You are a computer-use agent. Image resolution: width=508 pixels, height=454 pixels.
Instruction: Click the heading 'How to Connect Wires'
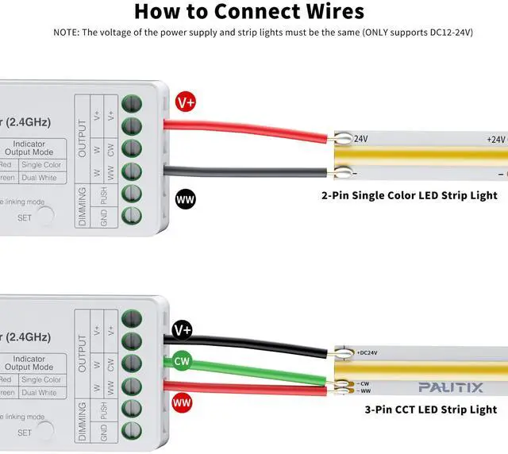(x=249, y=11)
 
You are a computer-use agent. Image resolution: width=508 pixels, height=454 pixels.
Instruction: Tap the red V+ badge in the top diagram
(x=186, y=102)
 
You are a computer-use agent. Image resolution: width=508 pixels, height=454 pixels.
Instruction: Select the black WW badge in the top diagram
(x=186, y=198)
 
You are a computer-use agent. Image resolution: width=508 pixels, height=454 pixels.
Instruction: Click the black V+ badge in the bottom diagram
(x=183, y=329)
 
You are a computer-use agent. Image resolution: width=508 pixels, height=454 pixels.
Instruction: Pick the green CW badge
(x=183, y=362)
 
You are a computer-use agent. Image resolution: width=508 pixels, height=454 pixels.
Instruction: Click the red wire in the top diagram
(x=246, y=130)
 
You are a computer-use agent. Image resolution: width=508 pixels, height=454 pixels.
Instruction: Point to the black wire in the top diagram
(x=246, y=169)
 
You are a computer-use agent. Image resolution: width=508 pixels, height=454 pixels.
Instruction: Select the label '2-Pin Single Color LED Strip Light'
(x=409, y=195)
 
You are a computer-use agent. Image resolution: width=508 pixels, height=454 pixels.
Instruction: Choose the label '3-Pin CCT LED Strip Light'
(x=430, y=410)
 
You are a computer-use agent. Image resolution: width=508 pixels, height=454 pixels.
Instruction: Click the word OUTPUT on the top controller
(x=82, y=126)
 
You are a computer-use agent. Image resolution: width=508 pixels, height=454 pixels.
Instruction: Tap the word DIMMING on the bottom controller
(x=82, y=421)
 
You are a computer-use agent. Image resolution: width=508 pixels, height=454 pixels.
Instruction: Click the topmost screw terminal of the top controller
(x=131, y=102)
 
